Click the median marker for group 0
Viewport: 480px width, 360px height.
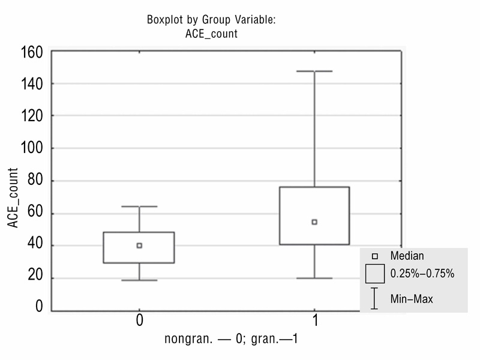[139, 245]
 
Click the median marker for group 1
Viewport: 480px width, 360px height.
[314, 222]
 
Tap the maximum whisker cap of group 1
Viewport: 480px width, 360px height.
[314, 71]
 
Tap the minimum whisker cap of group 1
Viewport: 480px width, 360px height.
[314, 278]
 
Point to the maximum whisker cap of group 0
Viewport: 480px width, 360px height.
[139, 206]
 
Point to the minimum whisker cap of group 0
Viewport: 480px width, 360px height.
[139, 280]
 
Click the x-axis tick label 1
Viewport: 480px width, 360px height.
[314, 321]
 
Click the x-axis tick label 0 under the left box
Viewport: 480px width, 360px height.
[139, 321]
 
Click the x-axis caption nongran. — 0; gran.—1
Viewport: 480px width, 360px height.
[231, 339]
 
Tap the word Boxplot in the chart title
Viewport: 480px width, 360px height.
[164, 20]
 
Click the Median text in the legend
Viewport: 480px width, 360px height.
[407, 256]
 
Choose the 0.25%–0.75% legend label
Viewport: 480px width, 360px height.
[422, 274]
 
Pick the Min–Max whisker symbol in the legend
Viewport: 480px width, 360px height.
[374, 298]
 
